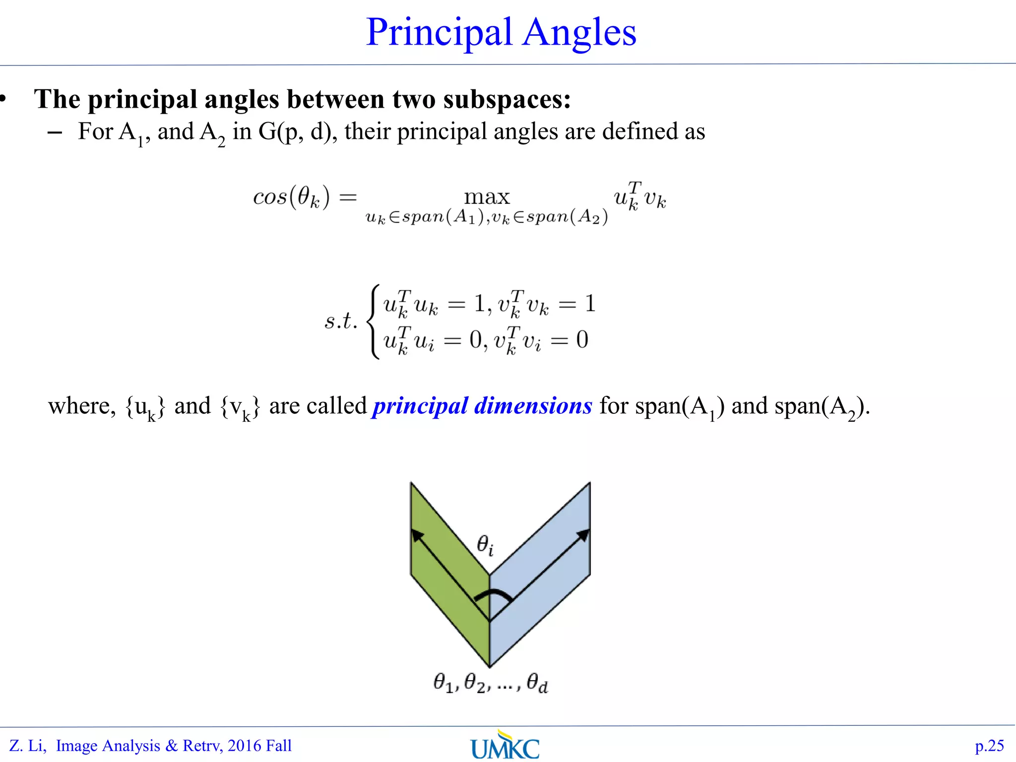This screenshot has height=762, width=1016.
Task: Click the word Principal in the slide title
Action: (x=439, y=33)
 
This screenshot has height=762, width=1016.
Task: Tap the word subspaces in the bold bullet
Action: (x=507, y=99)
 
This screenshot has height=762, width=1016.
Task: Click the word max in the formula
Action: (x=487, y=197)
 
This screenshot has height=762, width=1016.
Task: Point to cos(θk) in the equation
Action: (x=291, y=197)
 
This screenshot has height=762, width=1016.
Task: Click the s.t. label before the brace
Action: (x=341, y=320)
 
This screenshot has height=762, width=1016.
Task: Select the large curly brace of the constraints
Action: (x=373, y=321)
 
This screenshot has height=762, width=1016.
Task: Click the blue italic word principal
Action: (x=420, y=406)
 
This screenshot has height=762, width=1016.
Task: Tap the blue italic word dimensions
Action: (x=533, y=406)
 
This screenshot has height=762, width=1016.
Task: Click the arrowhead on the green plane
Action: (x=418, y=535)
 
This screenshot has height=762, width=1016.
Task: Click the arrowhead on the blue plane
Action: (x=583, y=535)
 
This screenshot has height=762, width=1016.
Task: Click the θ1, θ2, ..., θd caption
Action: (x=490, y=684)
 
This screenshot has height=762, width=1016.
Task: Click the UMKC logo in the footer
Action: (x=505, y=746)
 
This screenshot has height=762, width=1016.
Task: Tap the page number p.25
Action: (x=989, y=746)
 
